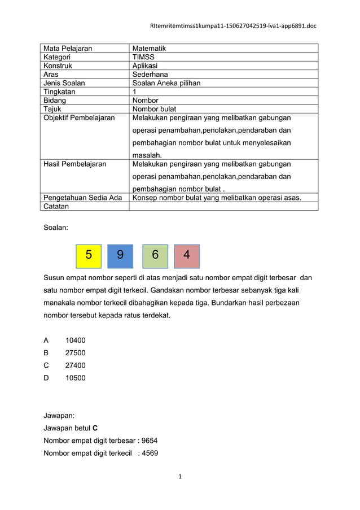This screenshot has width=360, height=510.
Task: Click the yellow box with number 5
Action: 89,255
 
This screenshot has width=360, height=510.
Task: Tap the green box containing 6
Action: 155,255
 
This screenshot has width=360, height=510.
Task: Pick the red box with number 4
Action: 187,255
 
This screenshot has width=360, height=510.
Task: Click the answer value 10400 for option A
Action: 76,341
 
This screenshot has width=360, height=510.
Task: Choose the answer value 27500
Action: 76,353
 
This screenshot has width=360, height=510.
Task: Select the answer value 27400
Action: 76,365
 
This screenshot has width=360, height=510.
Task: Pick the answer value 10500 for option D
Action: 76,378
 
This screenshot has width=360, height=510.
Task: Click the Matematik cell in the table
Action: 149,49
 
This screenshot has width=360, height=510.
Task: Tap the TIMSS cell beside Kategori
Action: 143,57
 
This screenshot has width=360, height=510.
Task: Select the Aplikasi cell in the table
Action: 146,66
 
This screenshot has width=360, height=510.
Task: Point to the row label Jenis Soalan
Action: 64,83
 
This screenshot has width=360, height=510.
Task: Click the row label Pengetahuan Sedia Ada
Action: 83,198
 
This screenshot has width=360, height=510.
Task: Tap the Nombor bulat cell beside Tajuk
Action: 154,109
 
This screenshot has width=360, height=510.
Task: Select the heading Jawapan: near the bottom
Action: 59,415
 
